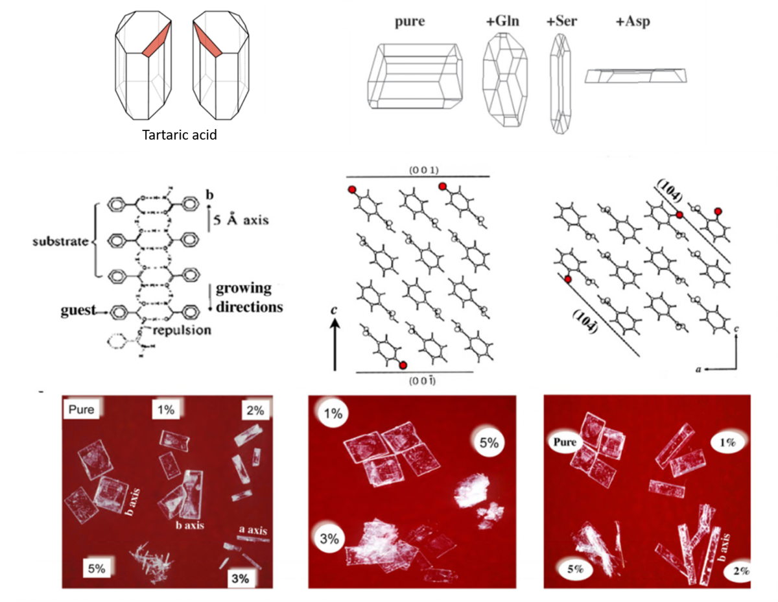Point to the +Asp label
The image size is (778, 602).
[x=632, y=21]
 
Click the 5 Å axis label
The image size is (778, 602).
[x=237, y=221]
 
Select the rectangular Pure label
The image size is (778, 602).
[x=80, y=410]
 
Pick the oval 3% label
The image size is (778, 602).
[x=330, y=537]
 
